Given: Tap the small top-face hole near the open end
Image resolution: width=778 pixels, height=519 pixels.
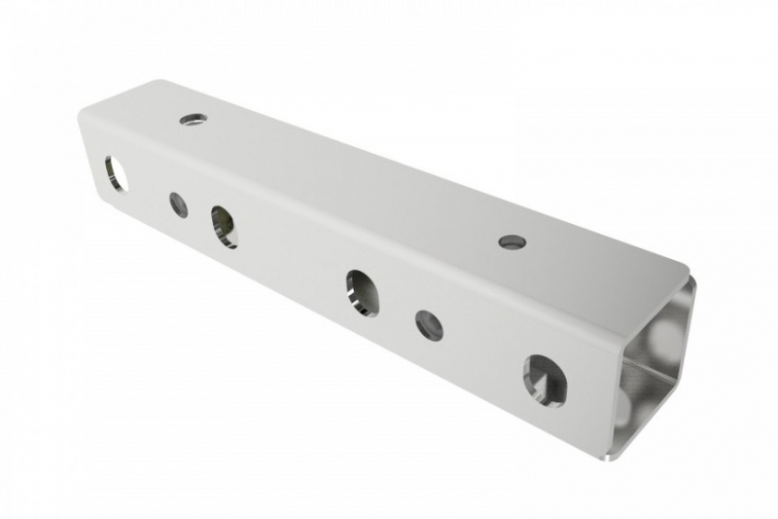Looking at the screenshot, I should pyautogui.click(x=512, y=241).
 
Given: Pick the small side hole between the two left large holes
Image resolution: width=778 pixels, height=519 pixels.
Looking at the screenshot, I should pyautogui.click(x=178, y=204).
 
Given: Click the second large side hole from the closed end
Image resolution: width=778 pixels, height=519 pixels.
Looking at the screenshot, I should pyautogui.click(x=224, y=226).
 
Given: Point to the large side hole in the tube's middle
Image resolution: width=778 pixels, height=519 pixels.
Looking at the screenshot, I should pyautogui.click(x=362, y=291).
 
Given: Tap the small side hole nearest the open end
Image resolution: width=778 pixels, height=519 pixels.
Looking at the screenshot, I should pyautogui.click(x=429, y=325).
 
